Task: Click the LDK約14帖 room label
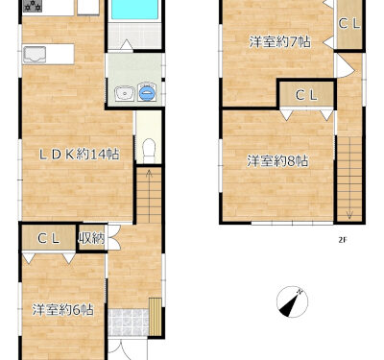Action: coord(79,155)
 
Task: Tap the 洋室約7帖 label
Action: coord(279,42)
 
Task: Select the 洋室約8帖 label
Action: coord(277,161)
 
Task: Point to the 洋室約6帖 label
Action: coord(62,310)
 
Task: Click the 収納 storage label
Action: coord(91,238)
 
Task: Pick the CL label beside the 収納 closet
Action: coord(48,238)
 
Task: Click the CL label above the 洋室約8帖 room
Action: coord(306,95)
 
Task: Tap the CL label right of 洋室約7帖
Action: coord(349,23)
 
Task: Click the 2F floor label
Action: coord(343,240)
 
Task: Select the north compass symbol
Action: coord(292,301)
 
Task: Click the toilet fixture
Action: coord(149,151)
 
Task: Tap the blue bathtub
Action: coord(134,10)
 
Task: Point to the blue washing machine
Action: coord(147,92)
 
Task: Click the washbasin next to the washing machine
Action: coord(125,94)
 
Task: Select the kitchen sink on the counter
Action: coord(35,55)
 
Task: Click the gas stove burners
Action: coord(33,6)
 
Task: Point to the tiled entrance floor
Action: coord(129,323)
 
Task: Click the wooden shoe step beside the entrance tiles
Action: coord(156,317)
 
